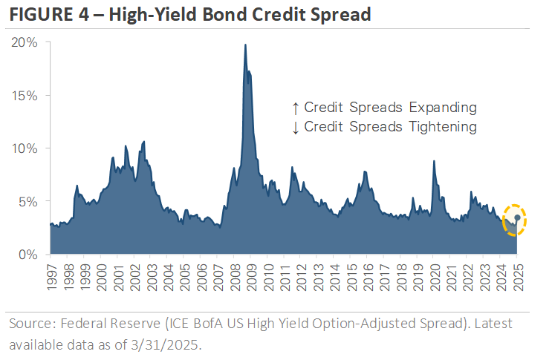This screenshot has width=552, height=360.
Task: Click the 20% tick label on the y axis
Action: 24,42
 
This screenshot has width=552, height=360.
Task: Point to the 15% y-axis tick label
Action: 24,96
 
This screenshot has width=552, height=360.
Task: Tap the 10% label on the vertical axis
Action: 24,148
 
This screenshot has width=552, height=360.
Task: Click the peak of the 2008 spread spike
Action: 245,45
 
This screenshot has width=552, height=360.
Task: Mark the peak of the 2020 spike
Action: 434,161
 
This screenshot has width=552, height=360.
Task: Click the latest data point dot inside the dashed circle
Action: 517,217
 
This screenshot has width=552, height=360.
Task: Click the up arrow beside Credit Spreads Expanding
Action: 296,108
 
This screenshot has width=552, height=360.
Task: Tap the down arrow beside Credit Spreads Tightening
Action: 296,127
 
